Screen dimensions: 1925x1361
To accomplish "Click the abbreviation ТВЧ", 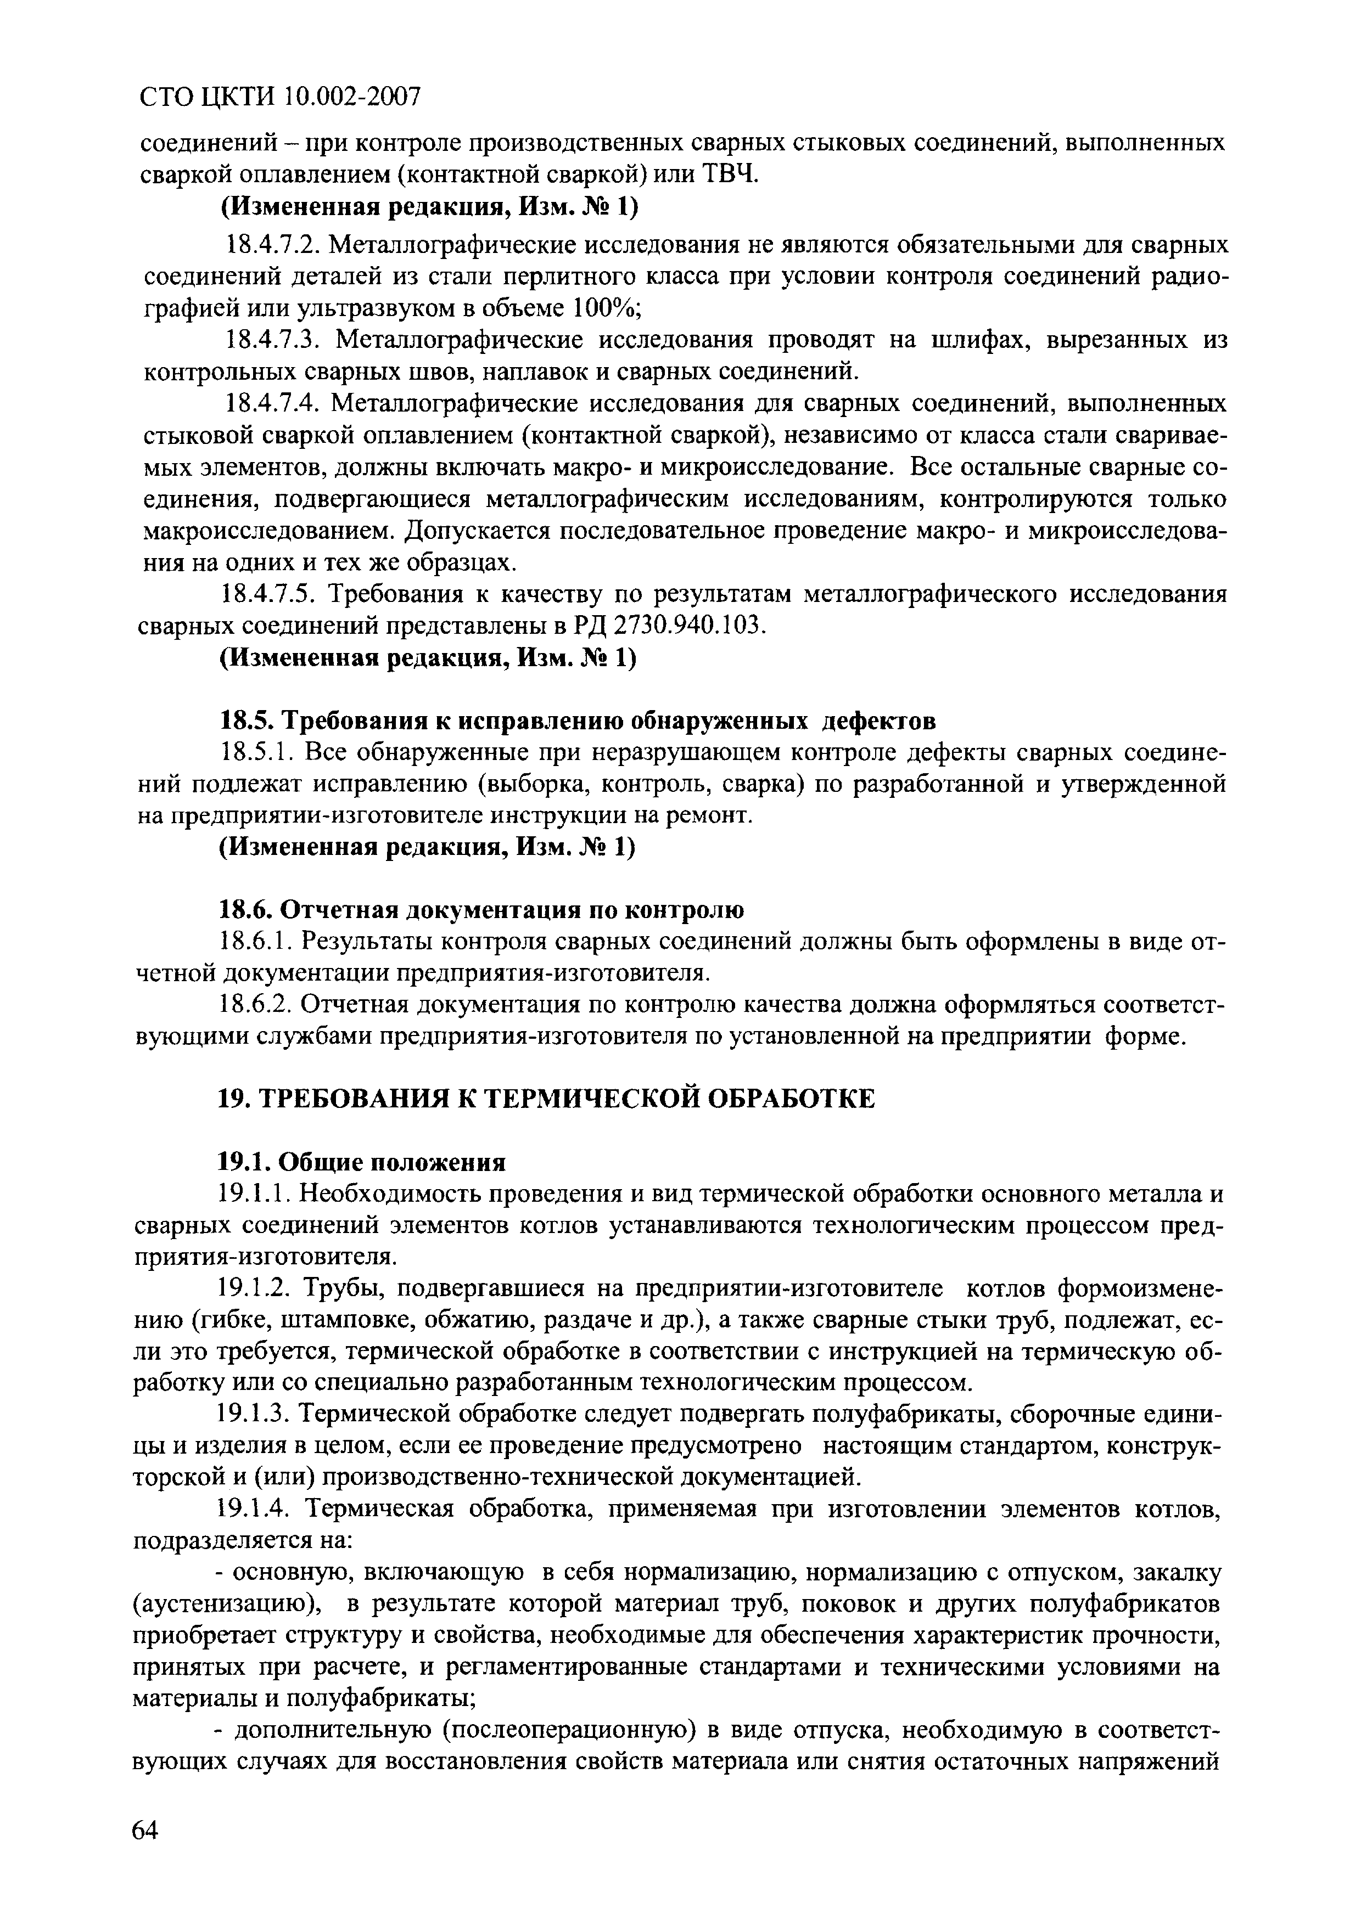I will point(729,175).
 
